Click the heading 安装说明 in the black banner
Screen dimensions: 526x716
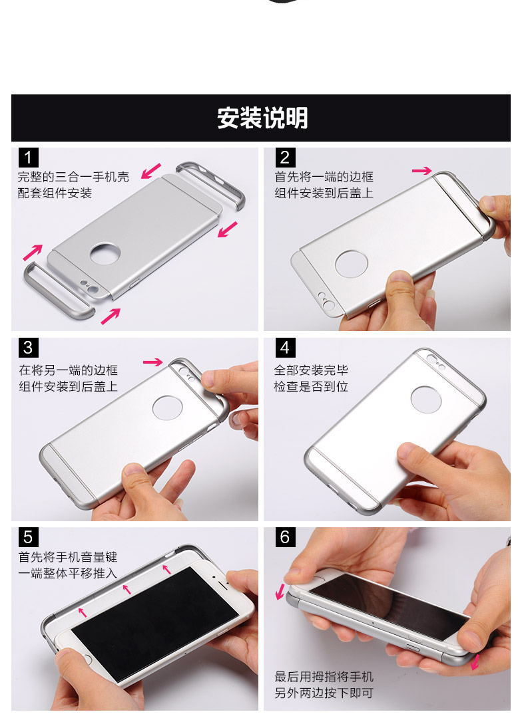point(262,118)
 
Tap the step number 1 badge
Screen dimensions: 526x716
point(28,158)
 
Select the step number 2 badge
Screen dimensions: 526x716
point(285,158)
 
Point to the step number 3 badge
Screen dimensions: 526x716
point(28,348)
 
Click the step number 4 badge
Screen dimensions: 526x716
point(285,348)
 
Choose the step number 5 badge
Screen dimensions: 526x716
point(28,537)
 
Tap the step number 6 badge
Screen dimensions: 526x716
point(285,537)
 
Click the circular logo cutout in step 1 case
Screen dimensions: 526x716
point(105,254)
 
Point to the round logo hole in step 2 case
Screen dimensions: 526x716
point(352,263)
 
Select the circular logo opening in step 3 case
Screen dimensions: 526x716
point(167,408)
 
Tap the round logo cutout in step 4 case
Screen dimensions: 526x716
point(426,400)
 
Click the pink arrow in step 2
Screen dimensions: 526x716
point(421,171)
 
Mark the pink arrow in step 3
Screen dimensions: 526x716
point(152,362)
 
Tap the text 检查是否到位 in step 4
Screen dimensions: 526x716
point(311,386)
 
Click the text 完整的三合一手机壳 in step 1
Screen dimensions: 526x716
point(73,177)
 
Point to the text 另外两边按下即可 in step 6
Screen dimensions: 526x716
point(324,693)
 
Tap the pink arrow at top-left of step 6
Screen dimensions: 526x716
point(280,592)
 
